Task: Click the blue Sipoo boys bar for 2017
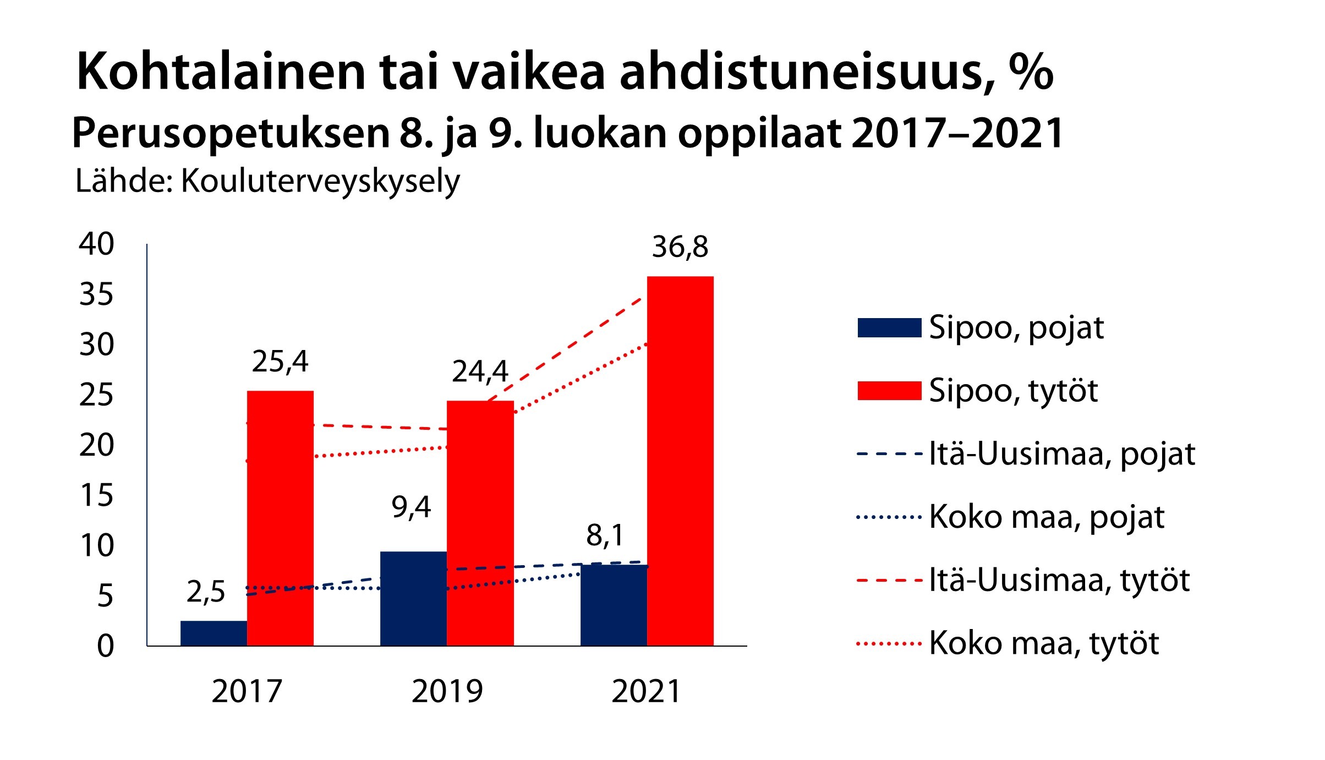tap(213, 633)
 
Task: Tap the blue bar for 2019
tap(413, 598)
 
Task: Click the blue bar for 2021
tap(614, 605)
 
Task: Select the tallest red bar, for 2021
tap(680, 461)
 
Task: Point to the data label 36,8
tap(680, 247)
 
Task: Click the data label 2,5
tap(206, 592)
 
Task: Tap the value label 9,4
tap(411, 507)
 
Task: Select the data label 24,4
tap(480, 371)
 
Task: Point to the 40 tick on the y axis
tap(96, 244)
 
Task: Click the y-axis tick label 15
tap(96, 495)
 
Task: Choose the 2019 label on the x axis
tap(447, 691)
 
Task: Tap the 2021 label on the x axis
tap(647, 691)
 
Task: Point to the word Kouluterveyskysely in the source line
tap(320, 182)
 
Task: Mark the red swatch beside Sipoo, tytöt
tap(889, 391)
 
